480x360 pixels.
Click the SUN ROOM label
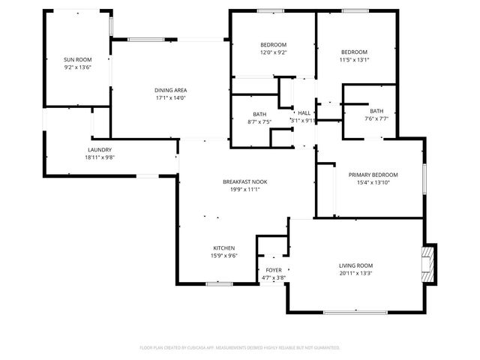pos(77,59)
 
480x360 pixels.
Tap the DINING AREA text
pos(170,90)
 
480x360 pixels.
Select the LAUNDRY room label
pos(100,149)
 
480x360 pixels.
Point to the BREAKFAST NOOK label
pos(244,181)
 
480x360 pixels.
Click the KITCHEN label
pos(223,247)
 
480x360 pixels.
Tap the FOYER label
pos(274,270)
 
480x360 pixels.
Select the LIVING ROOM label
pos(355,265)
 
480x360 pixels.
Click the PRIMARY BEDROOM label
pos(373,175)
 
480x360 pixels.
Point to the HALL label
pos(304,112)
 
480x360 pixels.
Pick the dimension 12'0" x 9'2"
pos(273,52)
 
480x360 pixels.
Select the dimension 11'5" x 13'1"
pos(354,60)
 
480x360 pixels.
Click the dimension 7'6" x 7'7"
pos(376,118)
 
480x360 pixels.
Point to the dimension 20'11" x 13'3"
pos(355,274)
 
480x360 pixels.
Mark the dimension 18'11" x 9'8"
pos(100,157)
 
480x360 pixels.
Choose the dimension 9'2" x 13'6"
pos(77,67)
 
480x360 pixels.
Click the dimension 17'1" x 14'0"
pos(170,97)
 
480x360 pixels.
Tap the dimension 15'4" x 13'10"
pos(373,183)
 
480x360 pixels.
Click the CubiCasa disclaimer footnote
pos(240,348)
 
